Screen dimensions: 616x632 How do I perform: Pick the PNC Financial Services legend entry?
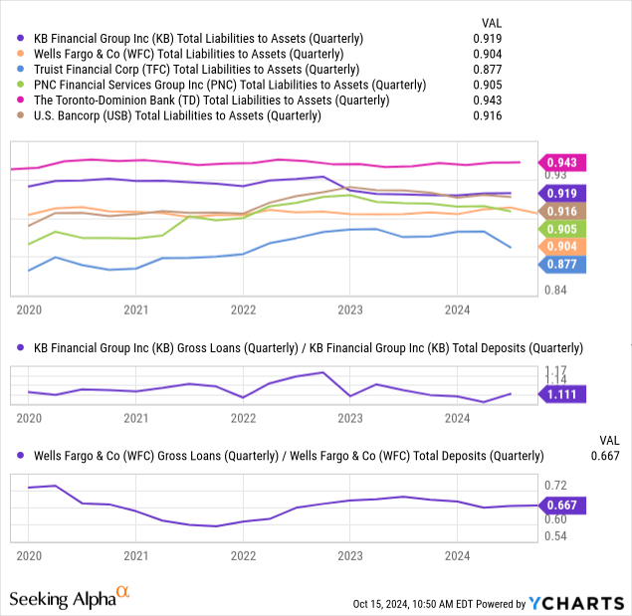click(x=215, y=85)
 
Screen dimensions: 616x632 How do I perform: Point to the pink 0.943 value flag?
click(x=564, y=162)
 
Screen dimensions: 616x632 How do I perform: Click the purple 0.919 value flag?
click(x=564, y=194)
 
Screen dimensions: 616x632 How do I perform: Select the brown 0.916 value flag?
click(x=564, y=211)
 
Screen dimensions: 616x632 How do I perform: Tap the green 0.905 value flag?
click(x=564, y=229)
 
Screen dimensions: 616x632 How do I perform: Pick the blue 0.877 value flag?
click(x=564, y=264)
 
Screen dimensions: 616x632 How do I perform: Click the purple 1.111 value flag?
click(x=564, y=395)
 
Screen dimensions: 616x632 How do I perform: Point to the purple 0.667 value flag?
click(x=564, y=506)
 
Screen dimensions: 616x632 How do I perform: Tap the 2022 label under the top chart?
click(x=243, y=308)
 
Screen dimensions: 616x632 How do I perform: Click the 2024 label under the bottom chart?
click(x=456, y=553)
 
